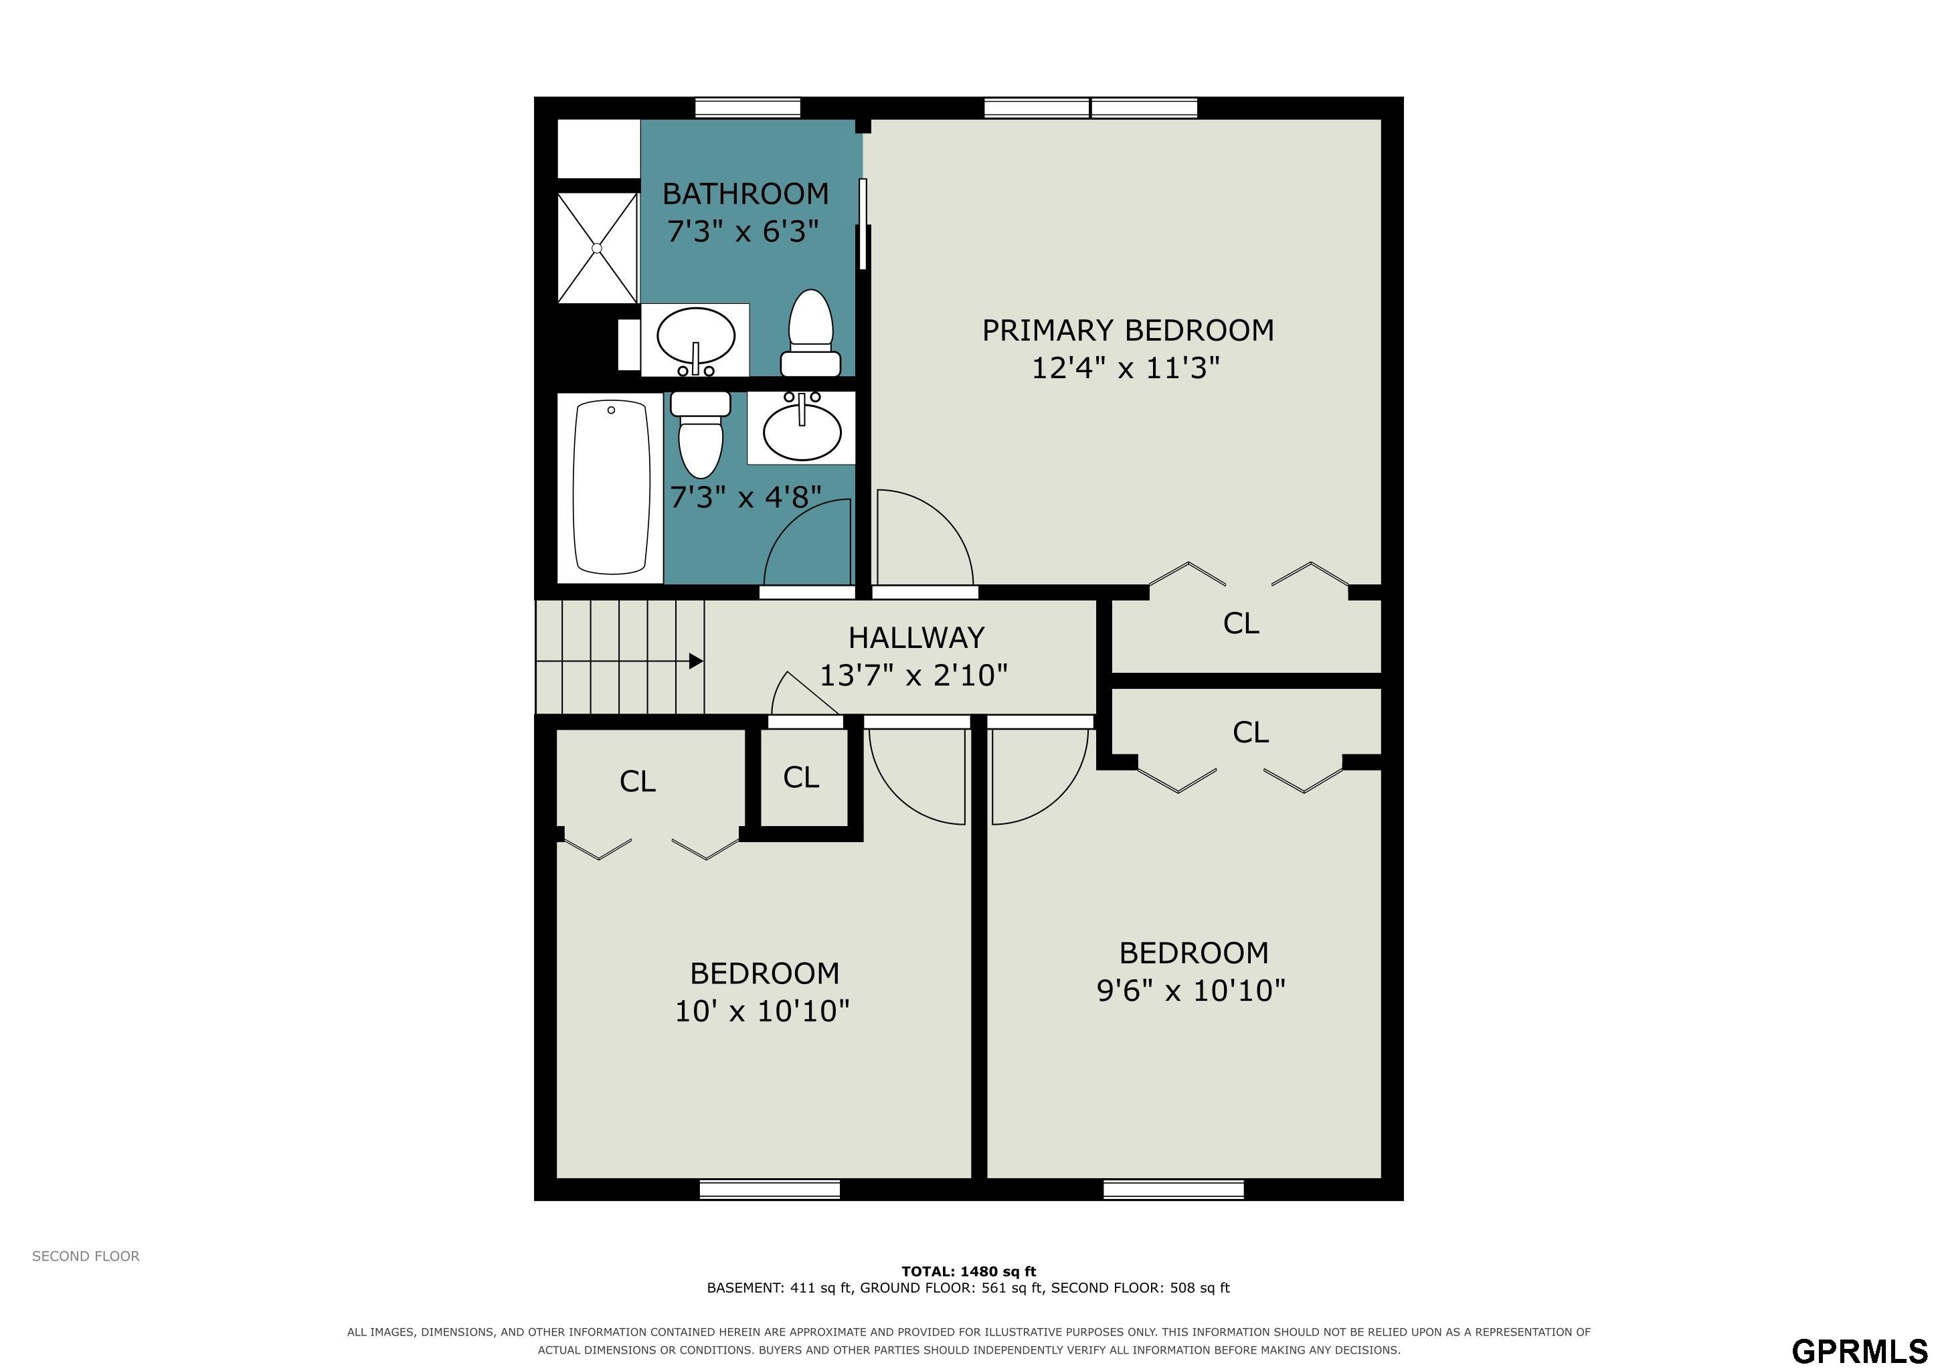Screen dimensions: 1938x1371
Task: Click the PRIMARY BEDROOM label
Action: [1128, 330]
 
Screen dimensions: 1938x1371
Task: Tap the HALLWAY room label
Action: [916, 637]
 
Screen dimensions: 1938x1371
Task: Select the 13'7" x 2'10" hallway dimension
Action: [914, 675]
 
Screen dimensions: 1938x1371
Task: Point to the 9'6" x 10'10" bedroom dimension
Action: [1191, 989]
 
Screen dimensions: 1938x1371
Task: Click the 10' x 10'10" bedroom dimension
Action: [762, 1011]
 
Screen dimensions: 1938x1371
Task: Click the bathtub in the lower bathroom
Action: [612, 488]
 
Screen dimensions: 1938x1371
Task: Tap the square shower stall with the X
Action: [597, 247]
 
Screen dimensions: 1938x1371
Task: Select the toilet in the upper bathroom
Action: [810, 333]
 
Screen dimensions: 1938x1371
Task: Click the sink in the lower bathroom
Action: [802, 427]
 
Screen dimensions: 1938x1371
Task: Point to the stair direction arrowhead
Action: [697, 661]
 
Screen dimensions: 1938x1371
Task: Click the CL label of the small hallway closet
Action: [801, 777]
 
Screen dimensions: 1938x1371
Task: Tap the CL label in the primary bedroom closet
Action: [1241, 624]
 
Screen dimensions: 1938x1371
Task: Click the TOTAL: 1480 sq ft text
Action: [969, 1271]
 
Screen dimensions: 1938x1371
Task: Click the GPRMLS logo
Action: [1858, 1352]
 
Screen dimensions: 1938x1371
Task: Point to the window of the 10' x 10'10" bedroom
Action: [770, 1190]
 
